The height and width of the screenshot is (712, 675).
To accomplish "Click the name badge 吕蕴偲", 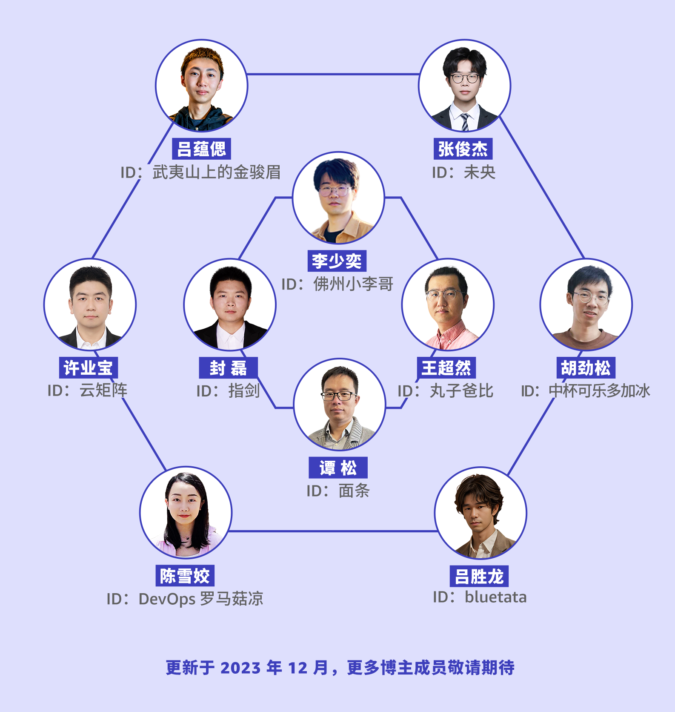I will click(201, 149).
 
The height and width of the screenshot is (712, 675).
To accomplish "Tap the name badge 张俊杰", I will click(463, 149).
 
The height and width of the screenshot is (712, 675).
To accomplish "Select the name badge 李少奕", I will click(336, 261).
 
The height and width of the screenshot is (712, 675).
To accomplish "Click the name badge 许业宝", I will click(88, 367).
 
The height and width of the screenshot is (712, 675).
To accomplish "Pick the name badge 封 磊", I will click(228, 367).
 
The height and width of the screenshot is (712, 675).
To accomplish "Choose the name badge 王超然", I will click(446, 367).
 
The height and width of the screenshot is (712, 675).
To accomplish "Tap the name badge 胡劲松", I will click(586, 367).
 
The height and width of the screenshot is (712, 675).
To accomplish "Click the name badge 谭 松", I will click(338, 468).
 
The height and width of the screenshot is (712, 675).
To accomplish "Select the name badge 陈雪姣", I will click(185, 576).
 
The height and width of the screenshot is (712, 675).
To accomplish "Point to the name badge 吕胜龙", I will click(479, 576).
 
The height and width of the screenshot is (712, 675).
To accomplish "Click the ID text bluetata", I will click(495, 597).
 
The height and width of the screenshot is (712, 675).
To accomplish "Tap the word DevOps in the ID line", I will click(167, 599).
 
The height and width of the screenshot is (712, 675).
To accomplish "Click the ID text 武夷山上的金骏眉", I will click(216, 172).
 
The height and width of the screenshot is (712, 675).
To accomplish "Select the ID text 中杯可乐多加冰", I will click(599, 390).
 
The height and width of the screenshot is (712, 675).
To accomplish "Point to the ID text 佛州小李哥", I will click(353, 284).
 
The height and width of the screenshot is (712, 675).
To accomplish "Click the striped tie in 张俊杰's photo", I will click(465, 122).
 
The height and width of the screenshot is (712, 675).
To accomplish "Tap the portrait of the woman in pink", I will click(186, 512).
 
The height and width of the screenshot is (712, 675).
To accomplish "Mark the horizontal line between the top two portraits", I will click(333, 74).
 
